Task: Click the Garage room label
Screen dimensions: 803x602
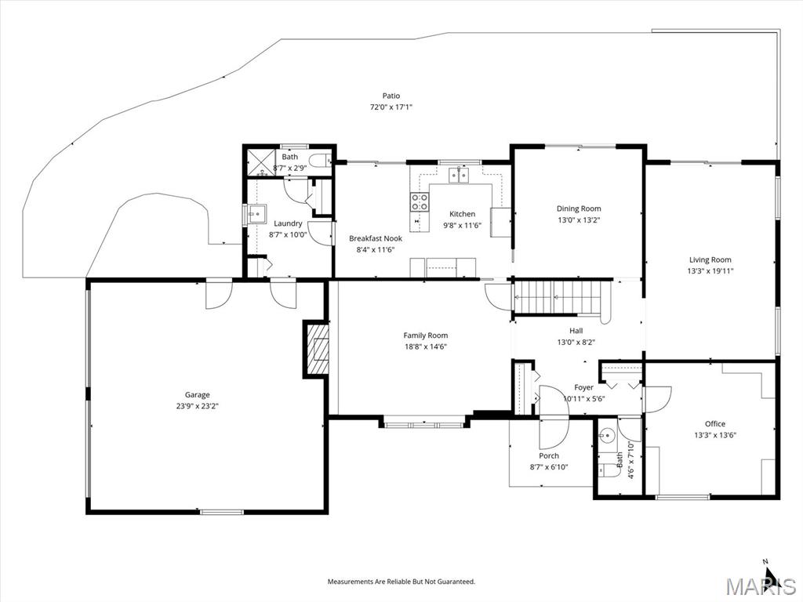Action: coord(197,395)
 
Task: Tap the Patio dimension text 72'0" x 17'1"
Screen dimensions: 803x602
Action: coord(391,107)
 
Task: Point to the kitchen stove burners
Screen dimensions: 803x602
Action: coord(419,201)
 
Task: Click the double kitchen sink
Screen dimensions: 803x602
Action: coord(460,175)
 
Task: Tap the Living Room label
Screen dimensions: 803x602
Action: coord(710,259)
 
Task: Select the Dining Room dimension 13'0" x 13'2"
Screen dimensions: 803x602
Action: coord(580,220)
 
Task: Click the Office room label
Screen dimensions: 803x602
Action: coord(715,423)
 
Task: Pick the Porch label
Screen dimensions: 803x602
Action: coord(548,455)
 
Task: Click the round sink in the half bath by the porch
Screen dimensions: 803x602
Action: coord(608,435)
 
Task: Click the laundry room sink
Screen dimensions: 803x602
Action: coord(257,214)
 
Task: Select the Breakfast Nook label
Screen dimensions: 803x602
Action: coord(376,238)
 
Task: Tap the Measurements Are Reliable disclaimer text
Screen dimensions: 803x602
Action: coord(401,582)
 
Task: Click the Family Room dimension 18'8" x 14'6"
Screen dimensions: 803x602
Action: coord(426,346)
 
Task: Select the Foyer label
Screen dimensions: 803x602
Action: coord(583,387)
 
